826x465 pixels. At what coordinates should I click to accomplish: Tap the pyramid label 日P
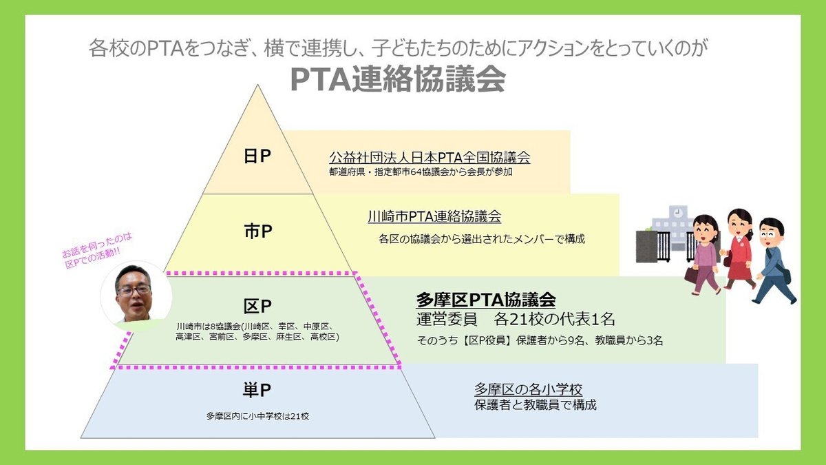click(x=257, y=157)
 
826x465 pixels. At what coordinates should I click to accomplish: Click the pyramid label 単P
click(x=257, y=391)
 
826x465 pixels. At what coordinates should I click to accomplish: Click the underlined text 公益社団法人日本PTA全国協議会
click(x=430, y=157)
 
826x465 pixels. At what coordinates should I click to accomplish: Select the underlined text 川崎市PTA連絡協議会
click(x=434, y=216)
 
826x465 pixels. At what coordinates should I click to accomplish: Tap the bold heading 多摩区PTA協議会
click(x=486, y=300)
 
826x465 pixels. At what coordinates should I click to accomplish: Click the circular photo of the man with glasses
click(x=136, y=295)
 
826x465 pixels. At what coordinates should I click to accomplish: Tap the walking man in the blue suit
click(x=774, y=260)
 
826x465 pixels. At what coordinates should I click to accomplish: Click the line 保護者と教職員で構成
click(x=535, y=405)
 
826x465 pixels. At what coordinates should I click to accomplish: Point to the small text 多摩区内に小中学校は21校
click(x=257, y=416)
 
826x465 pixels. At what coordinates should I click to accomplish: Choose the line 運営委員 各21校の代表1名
click(x=516, y=320)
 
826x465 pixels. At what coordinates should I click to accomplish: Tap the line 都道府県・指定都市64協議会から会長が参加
click(x=421, y=172)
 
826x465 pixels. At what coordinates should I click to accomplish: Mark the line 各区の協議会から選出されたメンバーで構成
click(x=482, y=239)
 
